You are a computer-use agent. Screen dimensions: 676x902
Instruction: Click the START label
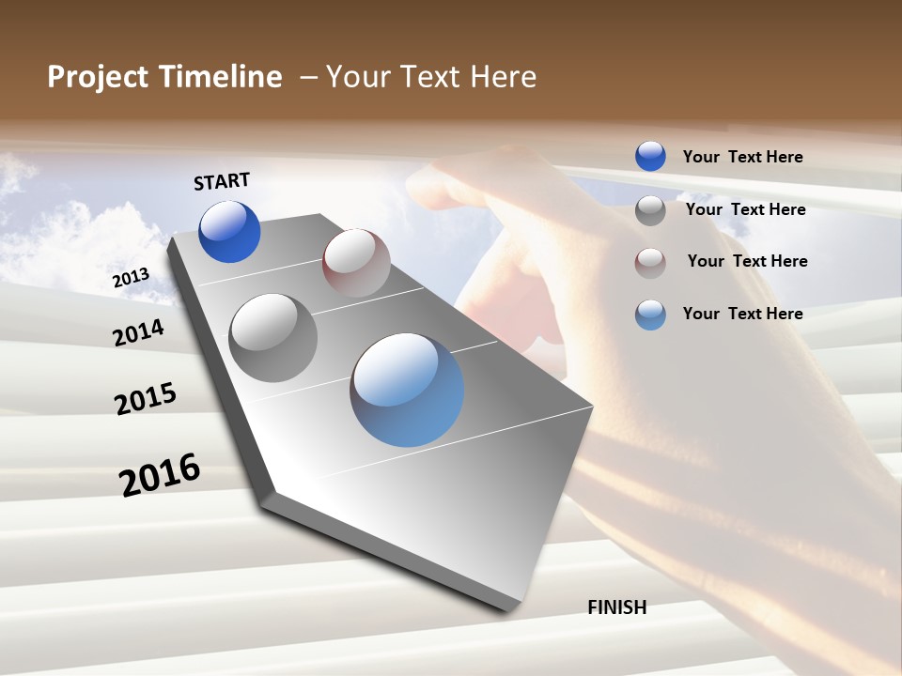click(x=222, y=181)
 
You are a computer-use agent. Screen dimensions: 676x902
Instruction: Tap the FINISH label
click(x=617, y=607)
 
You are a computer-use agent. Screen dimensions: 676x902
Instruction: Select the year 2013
click(x=131, y=278)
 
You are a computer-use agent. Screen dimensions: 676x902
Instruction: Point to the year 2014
click(x=138, y=332)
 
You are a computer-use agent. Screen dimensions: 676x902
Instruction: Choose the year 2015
click(x=146, y=399)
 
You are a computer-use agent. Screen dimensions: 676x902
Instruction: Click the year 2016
click(x=160, y=475)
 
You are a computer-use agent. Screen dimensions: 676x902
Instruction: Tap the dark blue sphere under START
click(x=229, y=232)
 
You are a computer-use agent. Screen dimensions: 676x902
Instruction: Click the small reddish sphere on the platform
click(x=356, y=263)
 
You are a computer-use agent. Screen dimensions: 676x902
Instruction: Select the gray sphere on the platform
click(x=273, y=338)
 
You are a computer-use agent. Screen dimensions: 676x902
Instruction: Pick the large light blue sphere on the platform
click(x=407, y=390)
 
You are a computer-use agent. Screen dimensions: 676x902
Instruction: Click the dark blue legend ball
click(x=650, y=156)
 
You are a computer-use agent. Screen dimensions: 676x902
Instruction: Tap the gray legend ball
click(x=650, y=210)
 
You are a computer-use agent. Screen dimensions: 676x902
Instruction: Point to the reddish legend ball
click(x=650, y=262)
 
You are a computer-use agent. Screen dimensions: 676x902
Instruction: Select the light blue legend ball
click(x=650, y=315)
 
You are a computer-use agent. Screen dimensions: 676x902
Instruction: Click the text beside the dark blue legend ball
click(x=742, y=157)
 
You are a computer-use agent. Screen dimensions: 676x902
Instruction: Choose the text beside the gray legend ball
click(x=745, y=209)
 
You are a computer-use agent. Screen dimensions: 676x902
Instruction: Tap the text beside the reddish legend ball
click(x=747, y=261)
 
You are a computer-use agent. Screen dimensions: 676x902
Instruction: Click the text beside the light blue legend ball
click(x=742, y=314)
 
